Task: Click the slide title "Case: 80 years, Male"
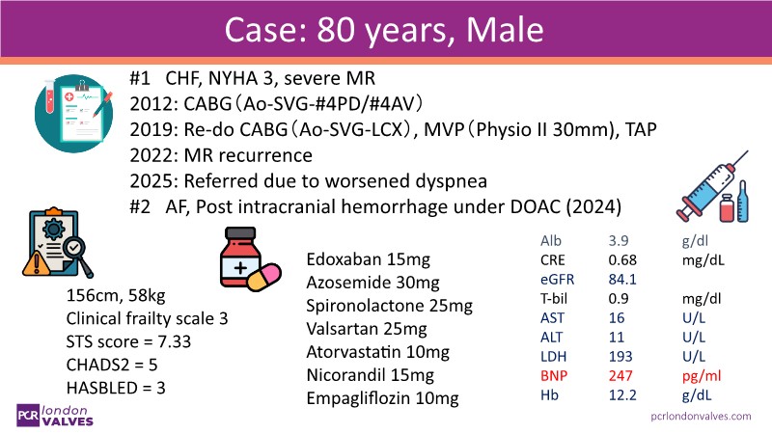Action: click(x=384, y=30)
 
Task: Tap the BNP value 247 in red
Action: click(x=620, y=376)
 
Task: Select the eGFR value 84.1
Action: click(x=622, y=280)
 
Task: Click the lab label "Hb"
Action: click(x=549, y=395)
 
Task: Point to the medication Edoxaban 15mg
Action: click(x=369, y=259)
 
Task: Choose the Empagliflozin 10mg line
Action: click(x=382, y=398)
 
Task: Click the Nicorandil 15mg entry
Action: click(x=371, y=375)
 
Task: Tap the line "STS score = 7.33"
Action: click(x=128, y=341)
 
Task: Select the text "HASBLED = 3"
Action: click(x=116, y=388)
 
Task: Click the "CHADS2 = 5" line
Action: click(x=112, y=365)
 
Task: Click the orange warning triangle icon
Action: click(x=36, y=264)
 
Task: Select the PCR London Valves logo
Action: click(x=55, y=416)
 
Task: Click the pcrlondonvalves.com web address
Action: click(x=702, y=417)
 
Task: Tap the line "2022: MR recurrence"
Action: click(x=221, y=155)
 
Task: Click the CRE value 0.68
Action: click(x=622, y=260)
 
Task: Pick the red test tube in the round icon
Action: click(x=50, y=97)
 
